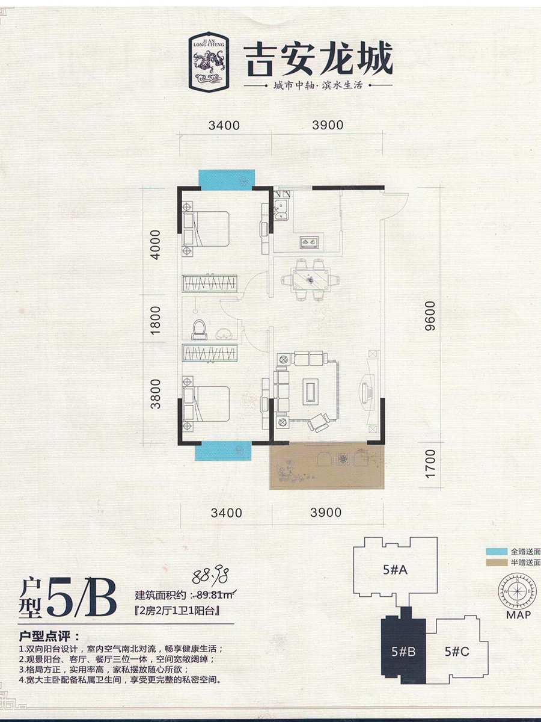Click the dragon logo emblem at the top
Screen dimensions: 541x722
point(209,62)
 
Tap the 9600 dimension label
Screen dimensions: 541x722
point(430,315)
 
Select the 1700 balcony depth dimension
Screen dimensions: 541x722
point(430,464)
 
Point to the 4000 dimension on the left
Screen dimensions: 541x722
point(155,245)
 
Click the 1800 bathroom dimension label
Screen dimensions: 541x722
point(155,320)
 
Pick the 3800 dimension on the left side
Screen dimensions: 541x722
point(155,393)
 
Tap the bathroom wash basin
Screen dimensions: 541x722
point(224,334)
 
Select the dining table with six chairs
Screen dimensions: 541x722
point(311,280)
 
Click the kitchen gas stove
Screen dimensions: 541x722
point(309,242)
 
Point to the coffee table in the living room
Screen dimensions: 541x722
point(310,391)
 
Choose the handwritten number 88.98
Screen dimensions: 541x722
point(210,575)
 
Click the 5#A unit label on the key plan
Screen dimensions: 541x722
point(395,569)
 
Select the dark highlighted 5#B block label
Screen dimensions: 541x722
point(404,651)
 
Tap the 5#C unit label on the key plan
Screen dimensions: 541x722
point(457,651)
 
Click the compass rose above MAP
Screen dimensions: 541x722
point(517,591)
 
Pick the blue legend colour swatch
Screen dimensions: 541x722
point(497,552)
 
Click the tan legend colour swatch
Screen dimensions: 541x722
point(497,563)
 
